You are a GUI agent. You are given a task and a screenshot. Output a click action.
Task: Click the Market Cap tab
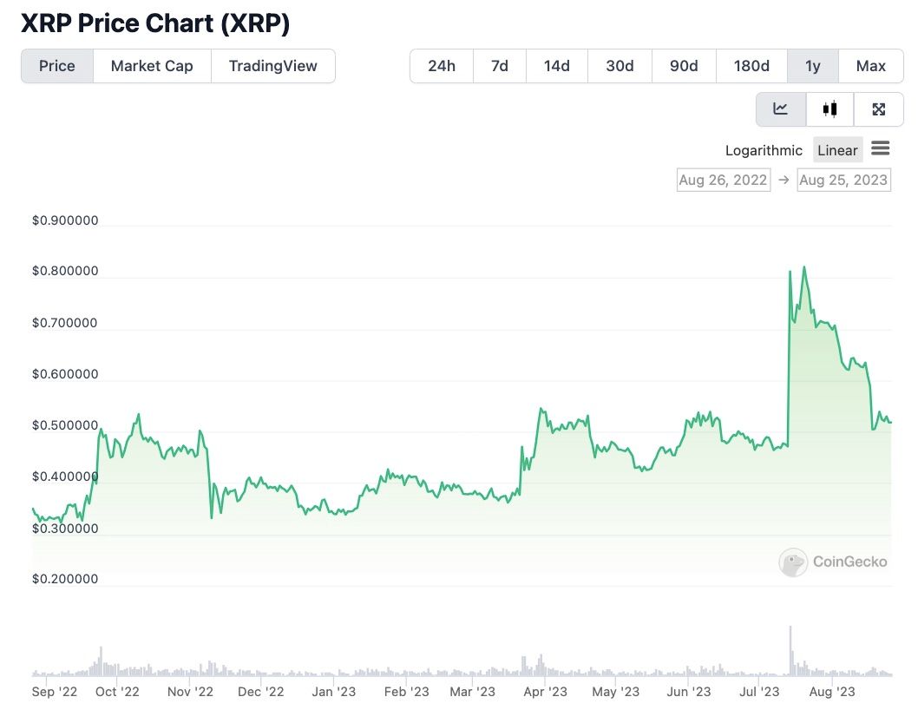click(152, 66)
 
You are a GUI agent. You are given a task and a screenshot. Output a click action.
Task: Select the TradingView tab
click(273, 66)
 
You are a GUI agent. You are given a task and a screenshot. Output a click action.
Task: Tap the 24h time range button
click(442, 66)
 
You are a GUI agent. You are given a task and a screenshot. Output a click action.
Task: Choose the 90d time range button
click(684, 66)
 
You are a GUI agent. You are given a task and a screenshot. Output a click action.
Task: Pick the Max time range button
click(870, 66)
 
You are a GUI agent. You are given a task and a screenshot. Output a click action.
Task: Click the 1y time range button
click(813, 66)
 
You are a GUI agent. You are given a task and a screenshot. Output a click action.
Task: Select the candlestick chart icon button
click(830, 109)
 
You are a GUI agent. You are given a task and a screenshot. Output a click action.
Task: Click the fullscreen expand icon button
click(879, 109)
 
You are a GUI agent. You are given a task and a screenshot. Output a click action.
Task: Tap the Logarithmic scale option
click(764, 150)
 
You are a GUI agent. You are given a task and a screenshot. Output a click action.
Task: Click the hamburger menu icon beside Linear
click(881, 149)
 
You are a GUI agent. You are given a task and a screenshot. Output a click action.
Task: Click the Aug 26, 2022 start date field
click(723, 180)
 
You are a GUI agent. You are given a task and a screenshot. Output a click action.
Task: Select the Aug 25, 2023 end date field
click(843, 180)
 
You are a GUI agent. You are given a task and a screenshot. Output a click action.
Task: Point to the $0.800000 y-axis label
click(65, 271)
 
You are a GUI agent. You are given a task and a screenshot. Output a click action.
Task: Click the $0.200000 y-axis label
click(65, 579)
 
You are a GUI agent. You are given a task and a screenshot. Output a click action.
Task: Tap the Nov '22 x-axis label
click(190, 692)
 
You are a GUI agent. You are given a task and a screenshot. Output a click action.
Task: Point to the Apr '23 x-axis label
click(546, 692)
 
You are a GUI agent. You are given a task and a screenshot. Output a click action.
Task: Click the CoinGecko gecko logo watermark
click(793, 562)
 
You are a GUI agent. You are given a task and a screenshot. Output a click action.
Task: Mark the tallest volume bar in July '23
click(790, 649)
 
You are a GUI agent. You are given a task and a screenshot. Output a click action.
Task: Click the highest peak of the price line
click(804, 267)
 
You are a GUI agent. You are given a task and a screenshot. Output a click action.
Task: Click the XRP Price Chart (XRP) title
click(155, 23)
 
